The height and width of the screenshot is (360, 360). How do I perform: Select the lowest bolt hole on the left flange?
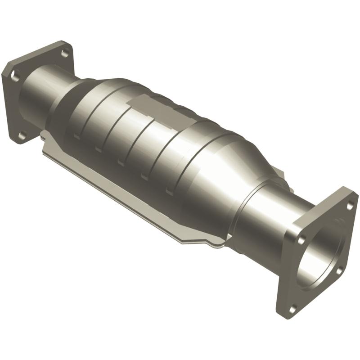coord(21,134)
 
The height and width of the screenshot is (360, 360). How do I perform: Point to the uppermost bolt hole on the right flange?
coord(350,205)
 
